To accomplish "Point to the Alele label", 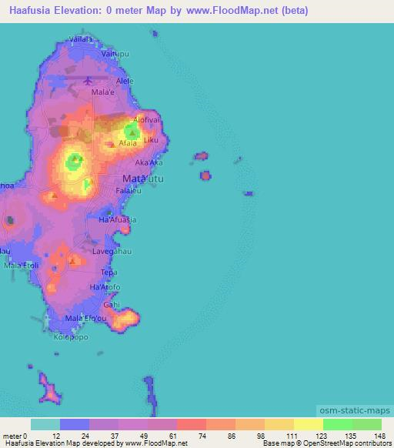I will click(x=124, y=80).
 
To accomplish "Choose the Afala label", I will click(x=128, y=143).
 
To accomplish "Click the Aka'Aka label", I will click(x=149, y=163).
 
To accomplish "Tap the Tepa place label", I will click(x=109, y=272).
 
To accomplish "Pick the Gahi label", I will click(x=112, y=304).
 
